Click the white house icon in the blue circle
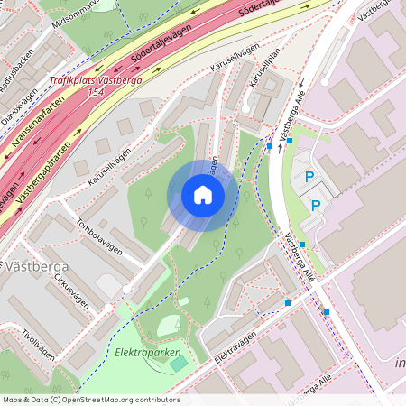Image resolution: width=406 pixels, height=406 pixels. (x=202, y=195)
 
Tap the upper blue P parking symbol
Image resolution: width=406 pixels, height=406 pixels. (x=309, y=179)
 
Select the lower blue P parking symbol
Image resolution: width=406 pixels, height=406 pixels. (x=316, y=206)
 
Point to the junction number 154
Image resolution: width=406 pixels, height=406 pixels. (x=96, y=92)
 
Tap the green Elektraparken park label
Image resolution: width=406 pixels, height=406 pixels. (x=148, y=352)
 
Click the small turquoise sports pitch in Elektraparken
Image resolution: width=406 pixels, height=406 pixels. (x=180, y=363)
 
